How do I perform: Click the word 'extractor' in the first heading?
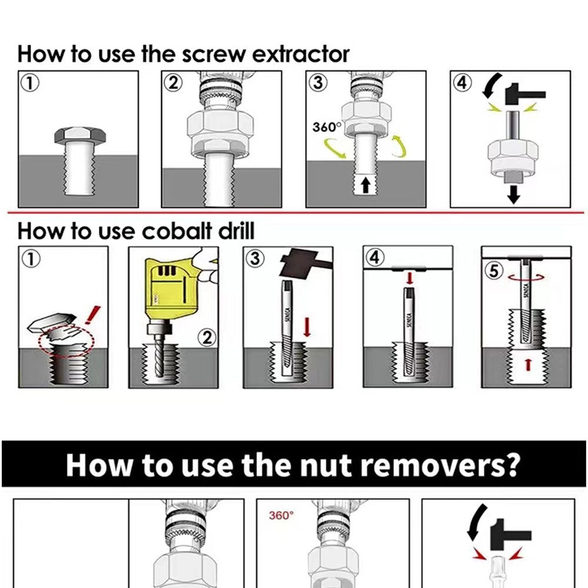300,54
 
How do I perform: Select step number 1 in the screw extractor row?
29,82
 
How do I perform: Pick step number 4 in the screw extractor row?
462,82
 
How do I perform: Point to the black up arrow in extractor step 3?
366,186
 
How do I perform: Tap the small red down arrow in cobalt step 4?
407,276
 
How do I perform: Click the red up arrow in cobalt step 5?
527,365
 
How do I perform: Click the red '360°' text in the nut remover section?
280,516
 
